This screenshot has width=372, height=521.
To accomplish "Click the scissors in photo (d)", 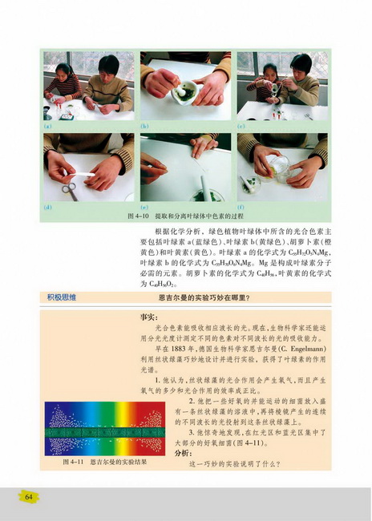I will pos(69,190).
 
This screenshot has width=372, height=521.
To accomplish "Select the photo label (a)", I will pos(47,126).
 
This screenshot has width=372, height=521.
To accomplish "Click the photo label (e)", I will pos(144,207).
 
